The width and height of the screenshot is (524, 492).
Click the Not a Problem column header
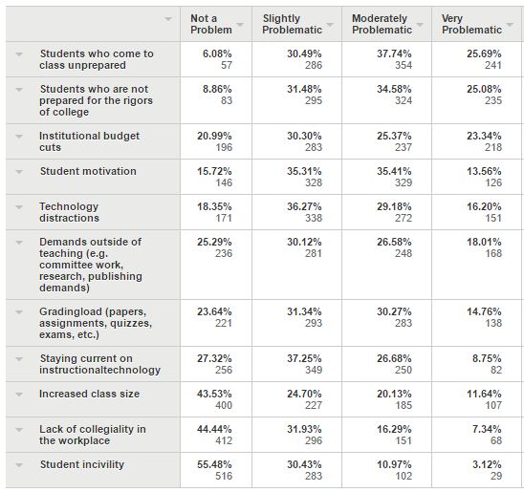(211, 24)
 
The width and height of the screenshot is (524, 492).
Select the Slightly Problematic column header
(292, 24)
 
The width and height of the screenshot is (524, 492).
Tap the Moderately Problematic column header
(382, 24)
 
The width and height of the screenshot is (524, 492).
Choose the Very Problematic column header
(471, 24)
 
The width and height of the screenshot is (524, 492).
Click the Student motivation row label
(88, 171)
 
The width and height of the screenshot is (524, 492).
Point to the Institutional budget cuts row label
(89, 141)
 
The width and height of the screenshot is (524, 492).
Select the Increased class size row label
(89, 394)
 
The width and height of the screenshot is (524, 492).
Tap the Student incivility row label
(82, 464)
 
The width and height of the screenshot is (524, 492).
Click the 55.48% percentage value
(214, 464)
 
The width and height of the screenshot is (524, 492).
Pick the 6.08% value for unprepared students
(217, 53)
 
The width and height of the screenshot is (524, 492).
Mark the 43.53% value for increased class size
(214, 394)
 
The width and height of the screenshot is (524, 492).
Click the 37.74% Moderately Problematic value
(394, 53)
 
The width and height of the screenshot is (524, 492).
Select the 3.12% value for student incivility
(487, 464)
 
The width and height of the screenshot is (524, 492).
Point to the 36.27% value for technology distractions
(304, 206)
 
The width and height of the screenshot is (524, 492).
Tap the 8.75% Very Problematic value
(487, 358)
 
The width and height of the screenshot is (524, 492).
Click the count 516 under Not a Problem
(224, 476)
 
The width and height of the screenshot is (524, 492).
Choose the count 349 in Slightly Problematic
(314, 370)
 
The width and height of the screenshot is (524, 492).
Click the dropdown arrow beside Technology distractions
(19, 207)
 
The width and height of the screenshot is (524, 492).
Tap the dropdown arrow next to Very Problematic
(510, 25)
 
